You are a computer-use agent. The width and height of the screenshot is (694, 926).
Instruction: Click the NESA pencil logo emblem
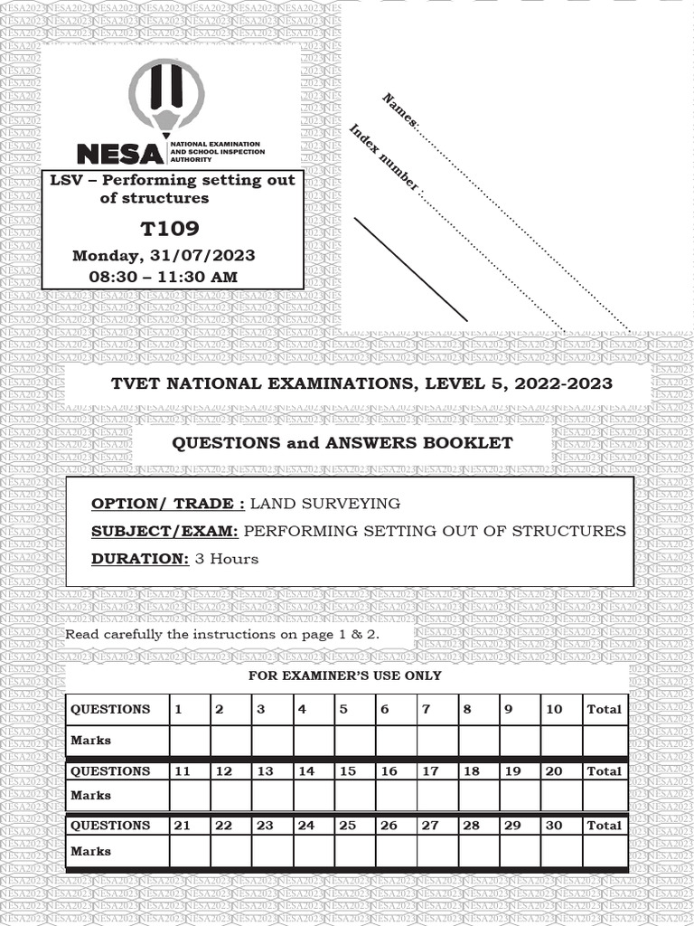click(166, 97)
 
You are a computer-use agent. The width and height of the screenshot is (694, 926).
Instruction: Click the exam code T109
click(170, 229)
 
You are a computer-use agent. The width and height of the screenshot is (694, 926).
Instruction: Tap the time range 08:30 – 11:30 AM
click(163, 277)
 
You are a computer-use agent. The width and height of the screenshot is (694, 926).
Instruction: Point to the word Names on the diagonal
click(399, 109)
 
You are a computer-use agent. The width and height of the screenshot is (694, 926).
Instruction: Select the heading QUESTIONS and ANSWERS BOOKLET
click(342, 443)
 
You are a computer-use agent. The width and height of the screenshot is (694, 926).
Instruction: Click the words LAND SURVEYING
click(324, 504)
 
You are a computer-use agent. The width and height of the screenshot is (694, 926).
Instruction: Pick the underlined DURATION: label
click(139, 559)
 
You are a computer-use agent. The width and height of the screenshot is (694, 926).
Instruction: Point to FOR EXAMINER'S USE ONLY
click(345, 676)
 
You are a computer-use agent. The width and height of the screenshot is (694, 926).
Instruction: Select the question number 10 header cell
click(554, 710)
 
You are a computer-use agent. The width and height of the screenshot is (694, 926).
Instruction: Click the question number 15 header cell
click(348, 771)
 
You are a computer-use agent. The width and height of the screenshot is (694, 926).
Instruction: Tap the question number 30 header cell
click(554, 826)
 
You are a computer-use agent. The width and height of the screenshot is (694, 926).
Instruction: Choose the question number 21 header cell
click(183, 826)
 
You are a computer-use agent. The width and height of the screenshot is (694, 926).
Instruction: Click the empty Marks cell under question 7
click(437, 740)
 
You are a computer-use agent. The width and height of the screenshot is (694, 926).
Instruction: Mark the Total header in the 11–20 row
click(605, 771)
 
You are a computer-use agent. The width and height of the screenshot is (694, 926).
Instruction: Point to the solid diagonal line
click(411, 269)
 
